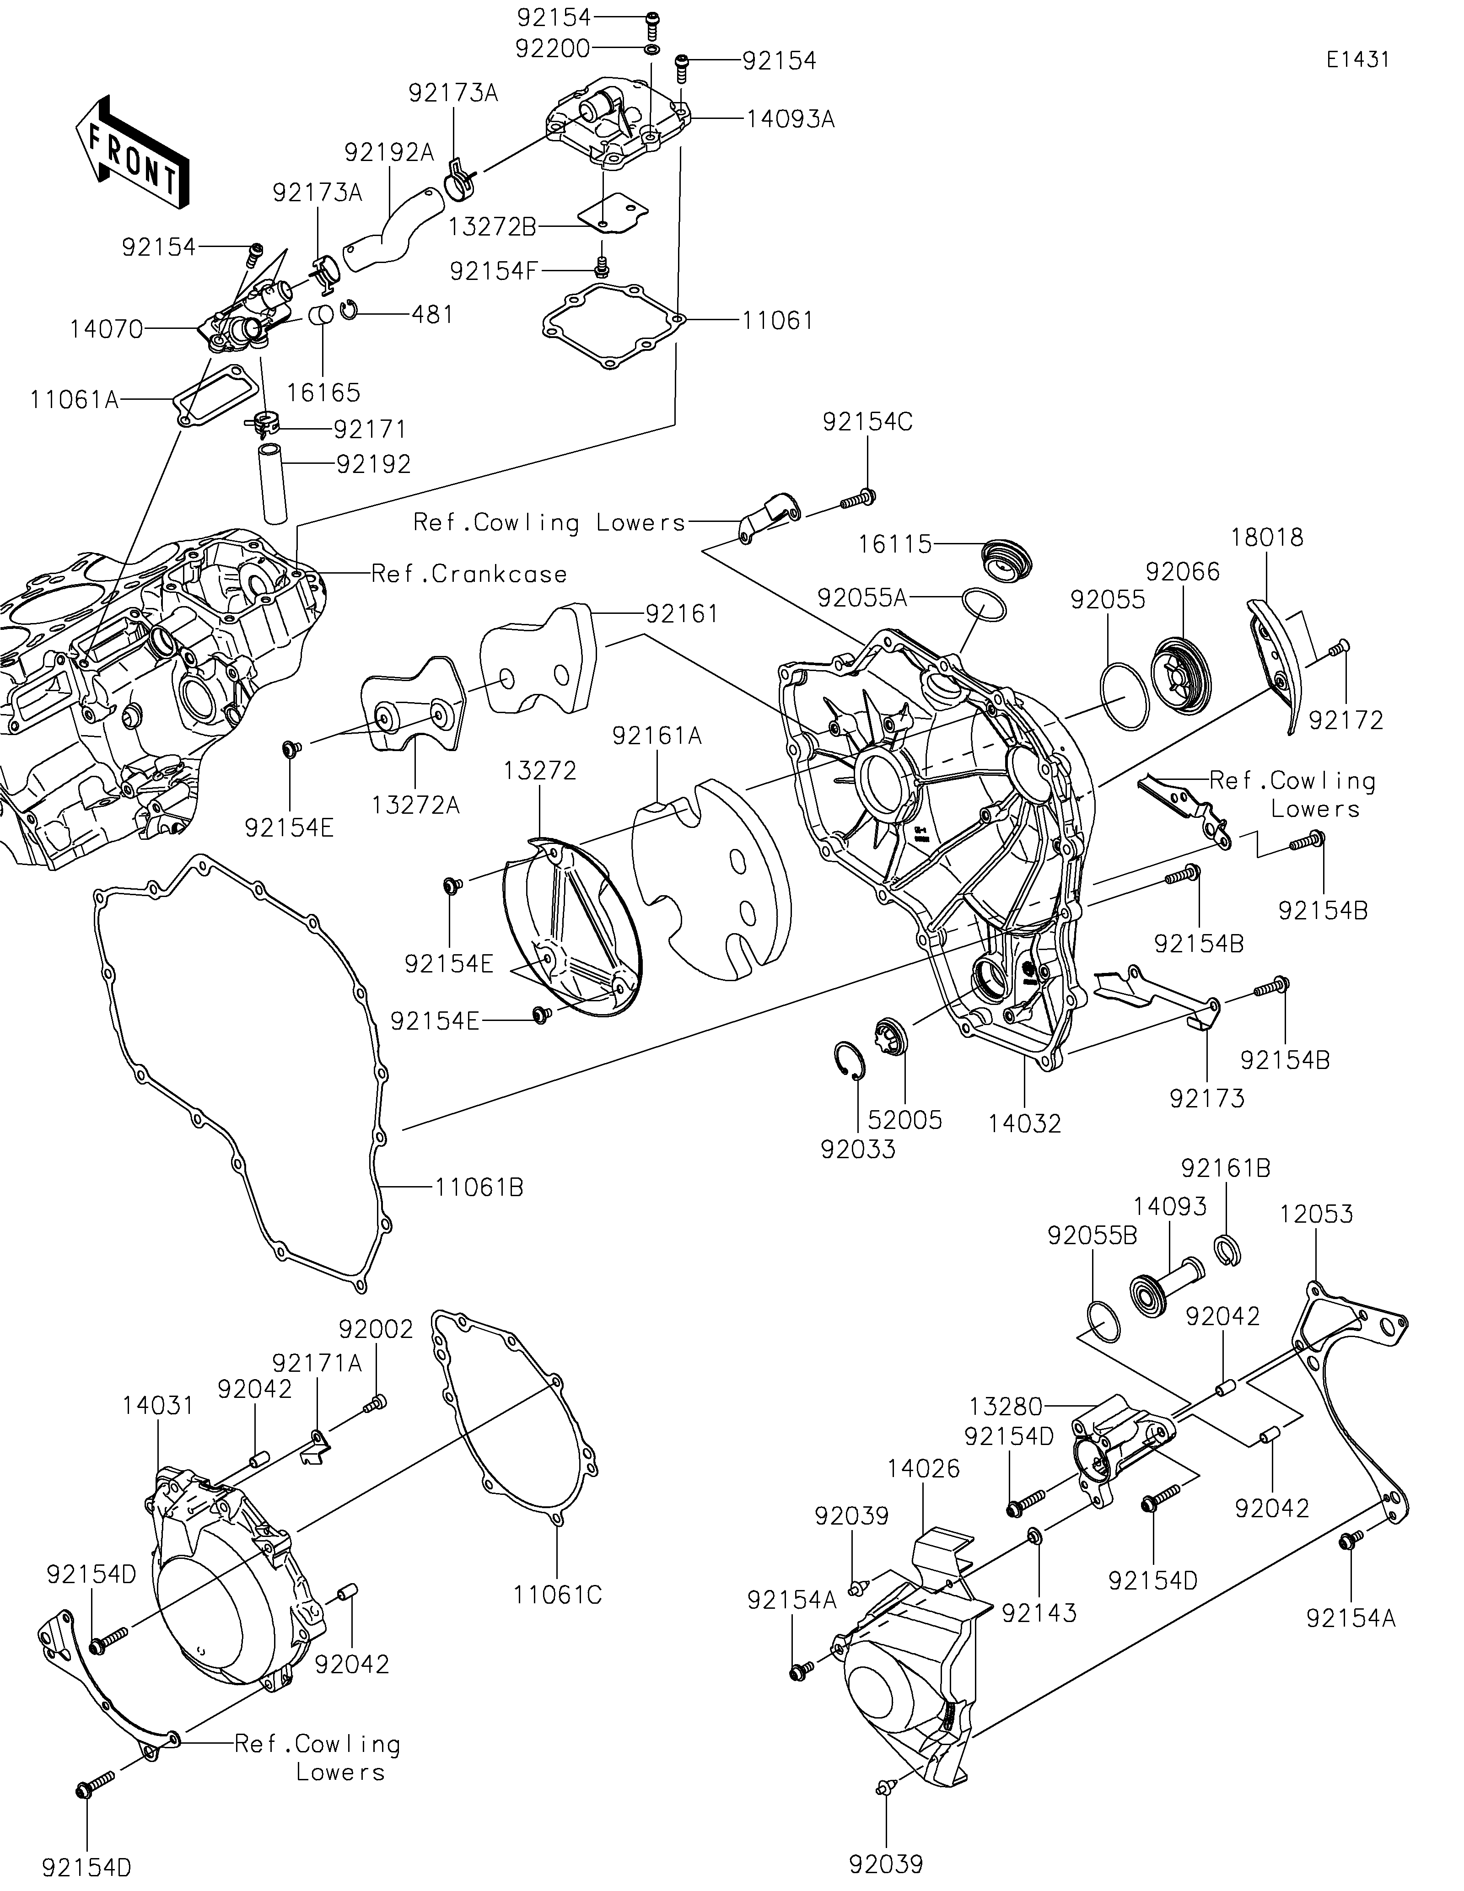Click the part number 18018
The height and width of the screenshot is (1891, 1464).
click(1267, 537)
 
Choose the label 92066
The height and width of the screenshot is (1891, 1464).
click(1183, 571)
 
